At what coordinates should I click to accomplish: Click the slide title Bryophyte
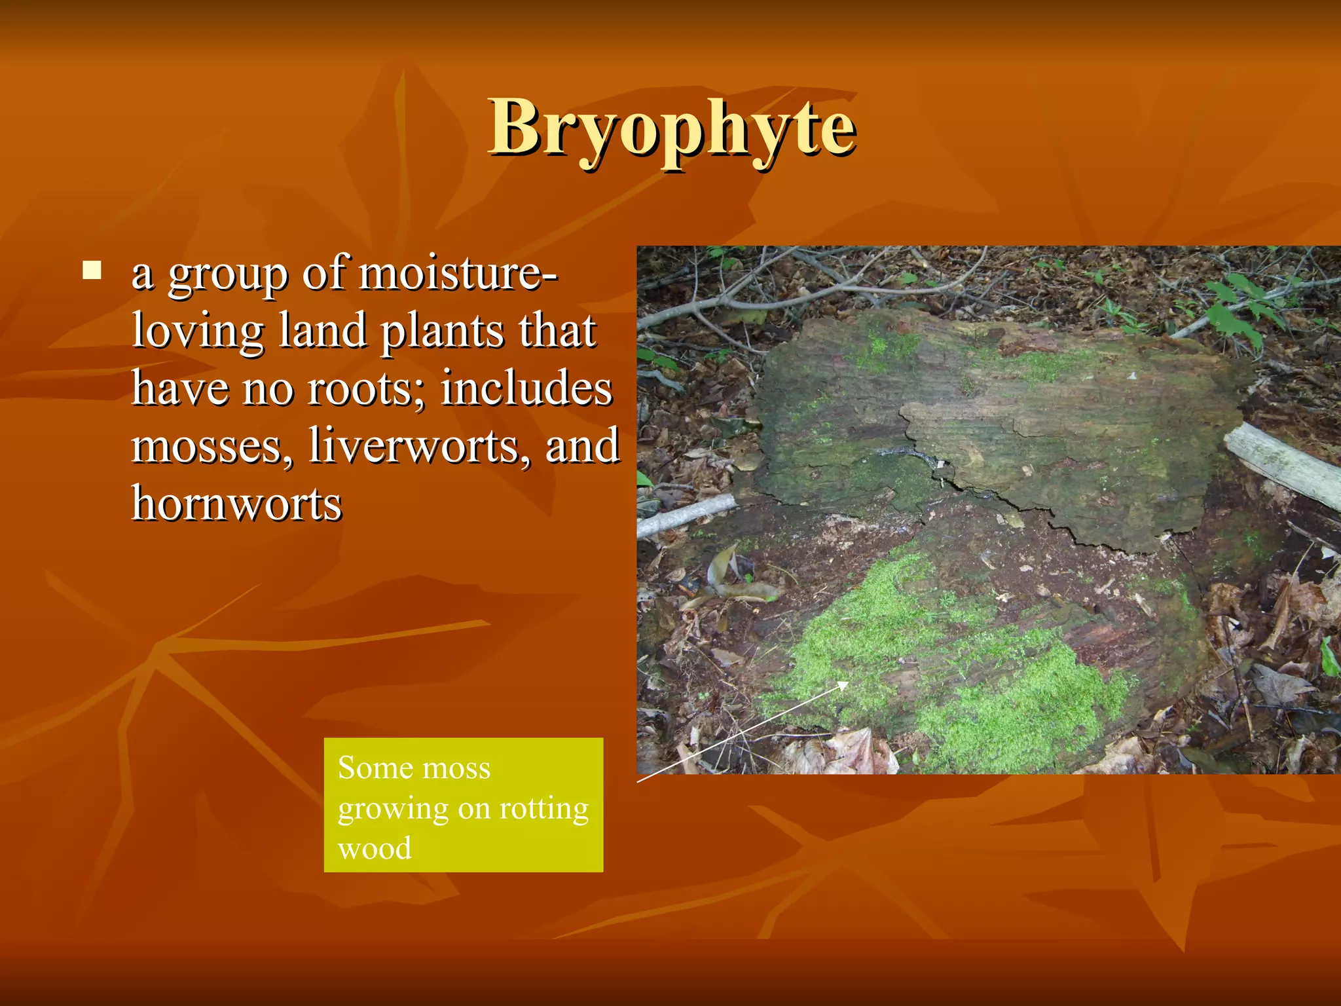pyautogui.click(x=672, y=128)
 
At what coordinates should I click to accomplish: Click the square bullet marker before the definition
pyautogui.click(x=92, y=270)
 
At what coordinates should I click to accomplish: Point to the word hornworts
pyautogui.click(x=236, y=504)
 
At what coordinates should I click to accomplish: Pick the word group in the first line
pyautogui.click(x=228, y=275)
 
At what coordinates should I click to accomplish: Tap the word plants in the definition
pyautogui.click(x=443, y=331)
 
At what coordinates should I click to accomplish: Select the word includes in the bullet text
pyautogui.click(x=526, y=388)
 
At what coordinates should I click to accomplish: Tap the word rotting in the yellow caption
pyautogui.click(x=543, y=809)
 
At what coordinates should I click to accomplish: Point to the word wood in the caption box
pyautogui.click(x=375, y=848)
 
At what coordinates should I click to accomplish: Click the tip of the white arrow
pyautogui.click(x=848, y=682)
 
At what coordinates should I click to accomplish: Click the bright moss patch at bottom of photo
pyautogui.click(x=1008, y=701)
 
